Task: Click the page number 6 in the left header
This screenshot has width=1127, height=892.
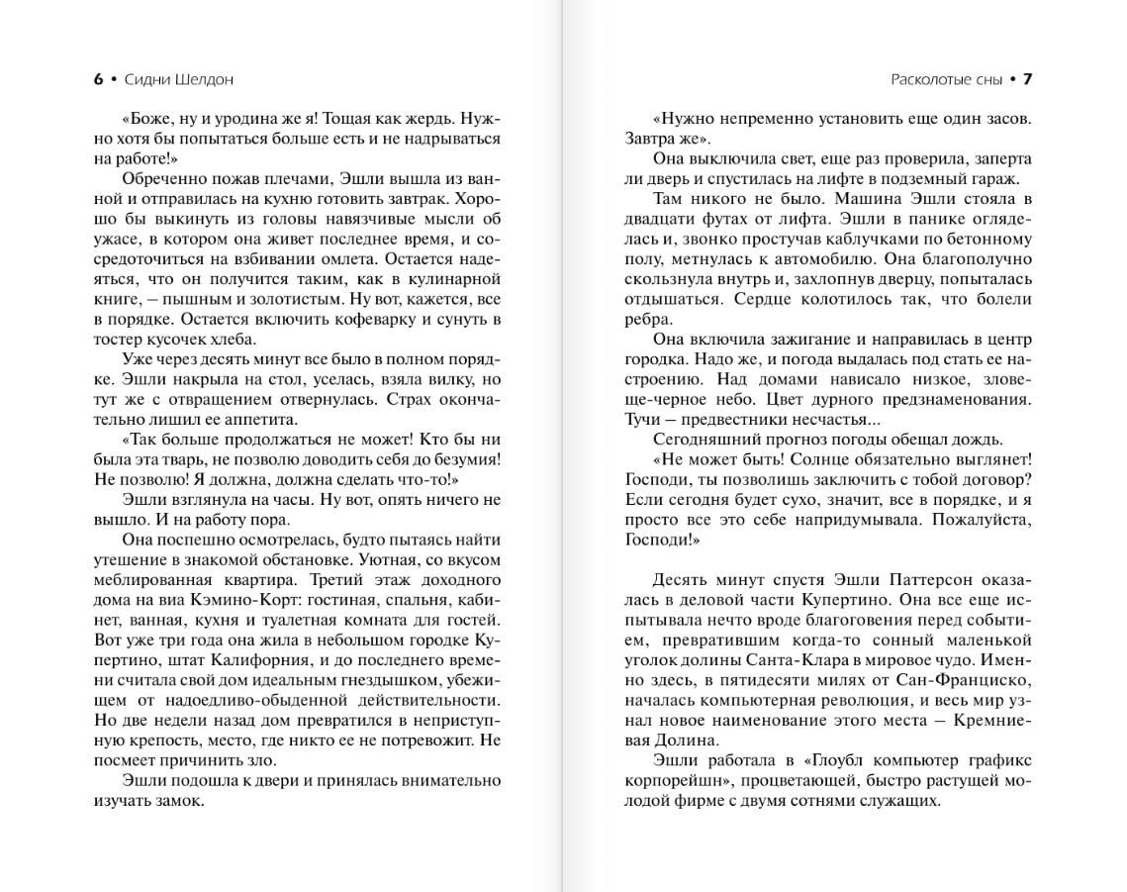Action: coord(98,79)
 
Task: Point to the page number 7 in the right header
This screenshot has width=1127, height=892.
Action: coord(1027,79)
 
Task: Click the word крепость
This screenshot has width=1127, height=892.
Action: coord(170,741)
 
